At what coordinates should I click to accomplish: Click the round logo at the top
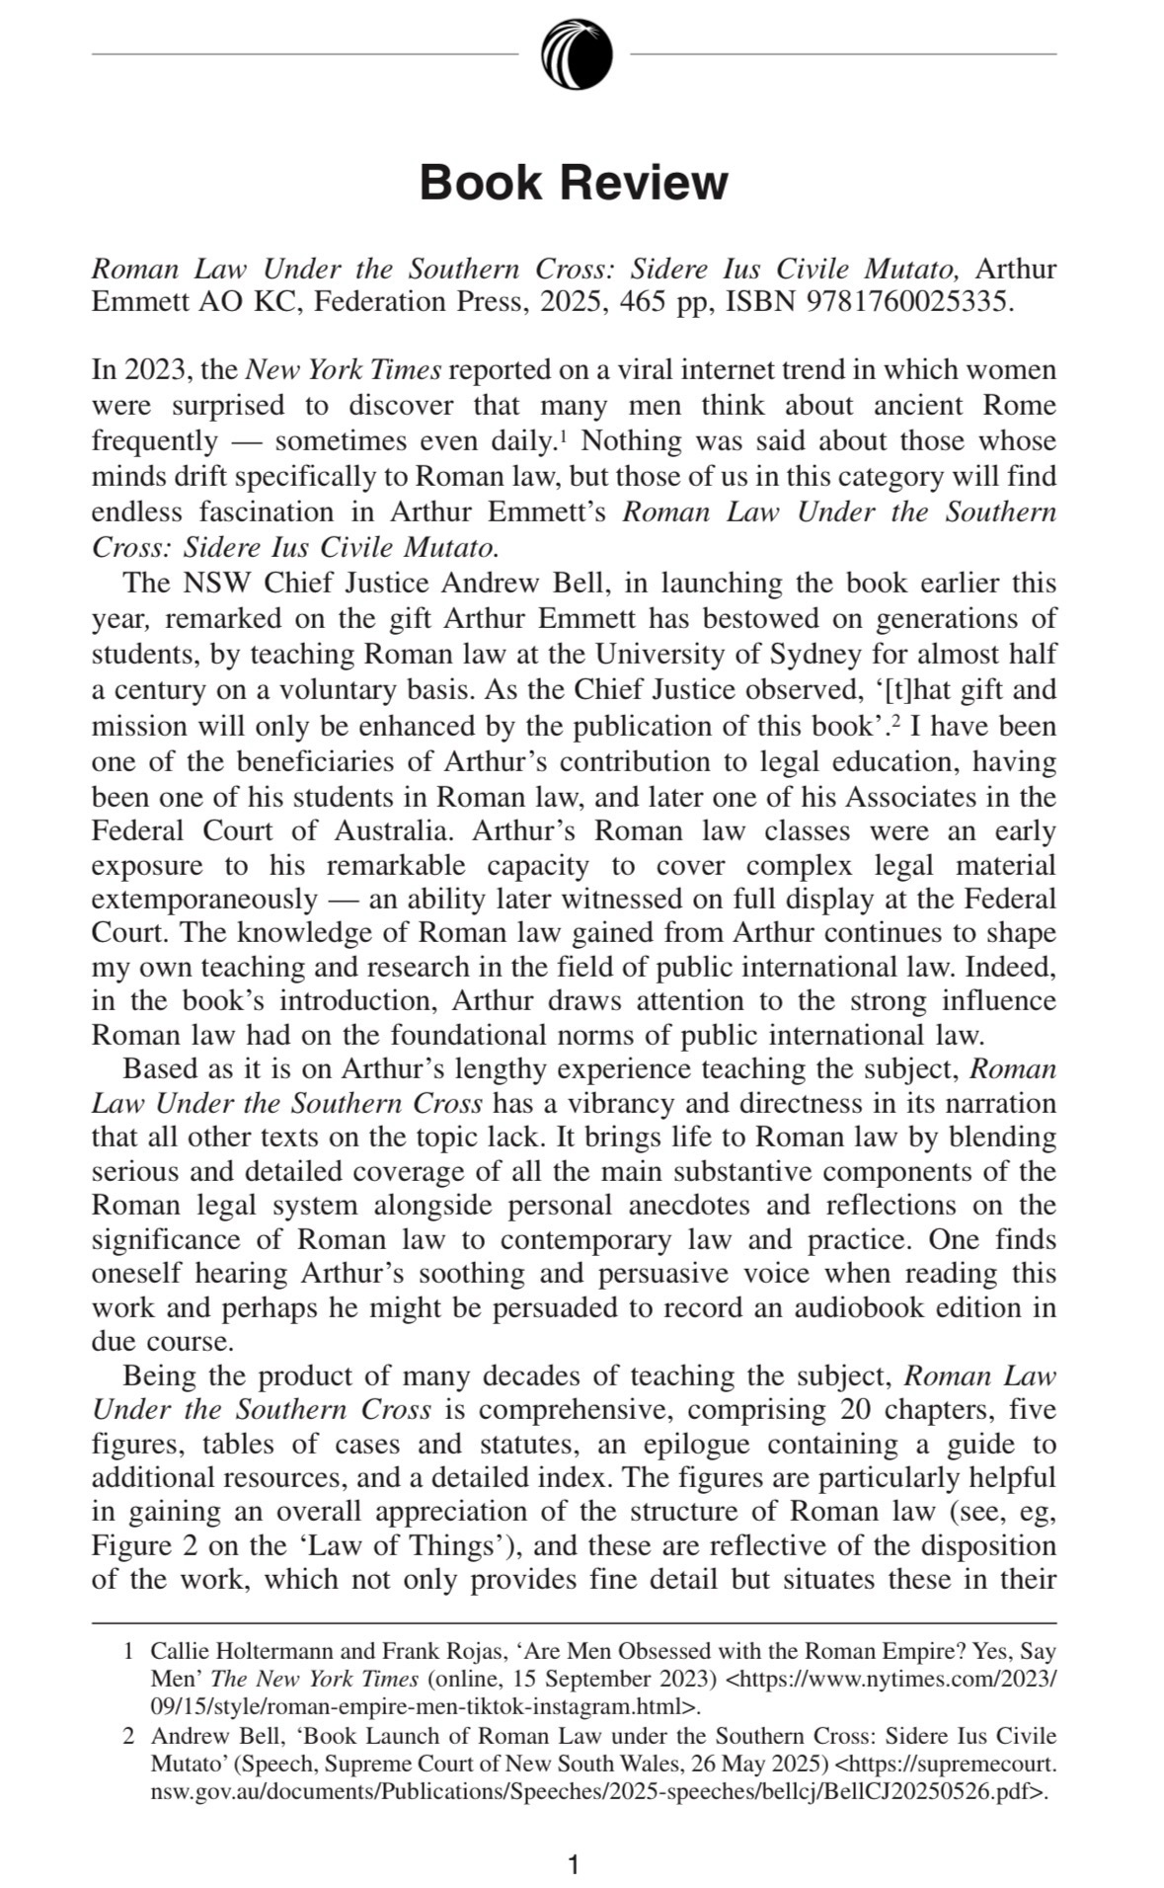[x=576, y=53]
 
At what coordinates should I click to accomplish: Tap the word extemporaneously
[x=204, y=900]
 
